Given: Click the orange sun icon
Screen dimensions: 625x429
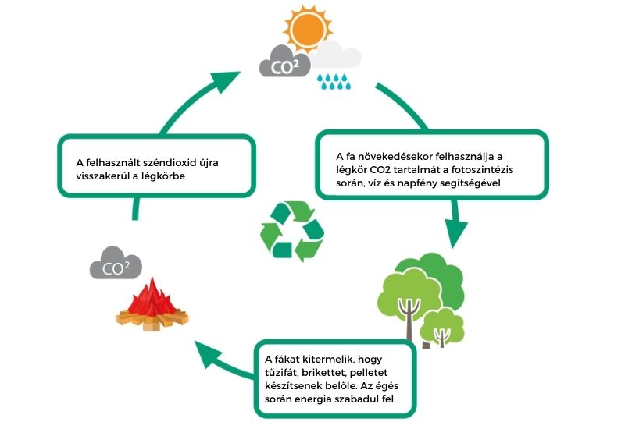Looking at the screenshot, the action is pos(308,29).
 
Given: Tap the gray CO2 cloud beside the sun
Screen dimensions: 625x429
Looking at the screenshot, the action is pos(285,62).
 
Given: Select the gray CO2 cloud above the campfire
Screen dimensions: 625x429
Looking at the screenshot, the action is pos(116,263).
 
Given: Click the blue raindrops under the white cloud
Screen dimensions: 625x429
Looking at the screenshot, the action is pos(334,81).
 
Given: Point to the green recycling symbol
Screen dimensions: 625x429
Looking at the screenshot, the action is pos(292,231).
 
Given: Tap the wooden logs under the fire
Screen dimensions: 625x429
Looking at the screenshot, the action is pos(152,319).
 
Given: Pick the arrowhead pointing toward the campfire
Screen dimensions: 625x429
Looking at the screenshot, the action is pos(207,354).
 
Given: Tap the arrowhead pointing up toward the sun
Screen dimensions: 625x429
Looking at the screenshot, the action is pos(225,81).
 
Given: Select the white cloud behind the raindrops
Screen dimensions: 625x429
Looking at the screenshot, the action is pos(336,55).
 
